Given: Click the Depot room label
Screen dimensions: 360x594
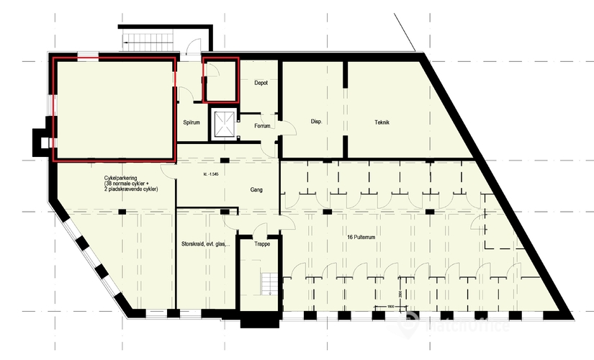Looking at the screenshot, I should coord(261,83).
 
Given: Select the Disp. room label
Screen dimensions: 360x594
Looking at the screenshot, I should coord(315,121).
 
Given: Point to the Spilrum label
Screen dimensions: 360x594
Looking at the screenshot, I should coord(191,122).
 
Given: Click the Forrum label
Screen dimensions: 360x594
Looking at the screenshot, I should coord(262,126).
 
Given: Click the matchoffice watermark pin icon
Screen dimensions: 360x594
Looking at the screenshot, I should coord(411,325).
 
